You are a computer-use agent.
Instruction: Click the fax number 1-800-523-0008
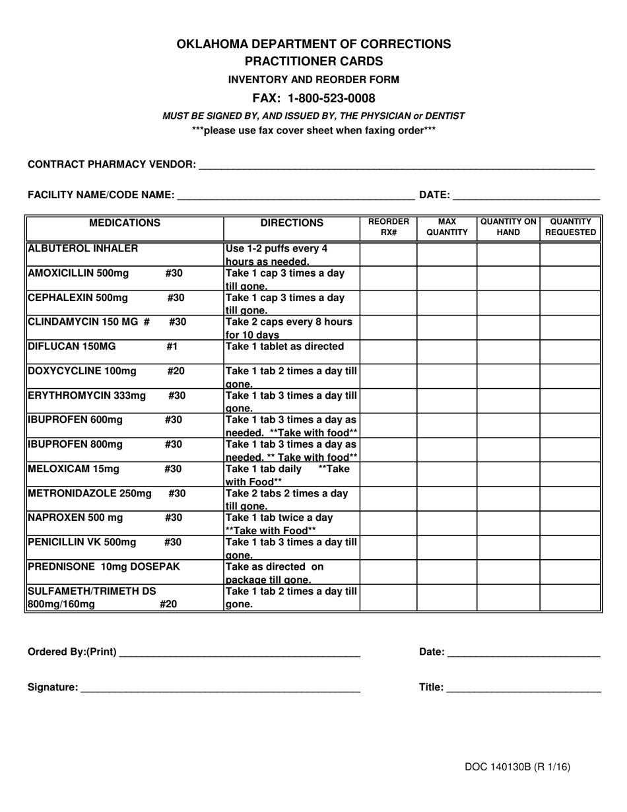[x=333, y=98]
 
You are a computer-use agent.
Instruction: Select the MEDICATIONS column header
[x=125, y=223]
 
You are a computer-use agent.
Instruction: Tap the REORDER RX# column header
[x=388, y=227]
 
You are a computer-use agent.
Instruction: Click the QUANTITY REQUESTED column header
[x=570, y=227]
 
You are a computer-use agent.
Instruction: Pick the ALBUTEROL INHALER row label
[x=83, y=249]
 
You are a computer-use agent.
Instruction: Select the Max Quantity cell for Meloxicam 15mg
[x=447, y=474]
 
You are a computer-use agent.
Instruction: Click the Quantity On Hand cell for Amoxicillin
[x=508, y=279]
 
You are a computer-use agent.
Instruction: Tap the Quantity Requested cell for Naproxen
[x=570, y=523]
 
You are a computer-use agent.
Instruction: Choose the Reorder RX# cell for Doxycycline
[x=388, y=376]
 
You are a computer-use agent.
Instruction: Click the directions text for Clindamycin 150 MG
[x=288, y=327]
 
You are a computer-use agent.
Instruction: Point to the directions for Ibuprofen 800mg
[x=291, y=450]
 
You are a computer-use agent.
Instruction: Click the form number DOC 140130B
[x=517, y=767]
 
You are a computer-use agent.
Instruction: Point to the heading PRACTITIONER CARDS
[x=313, y=61]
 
